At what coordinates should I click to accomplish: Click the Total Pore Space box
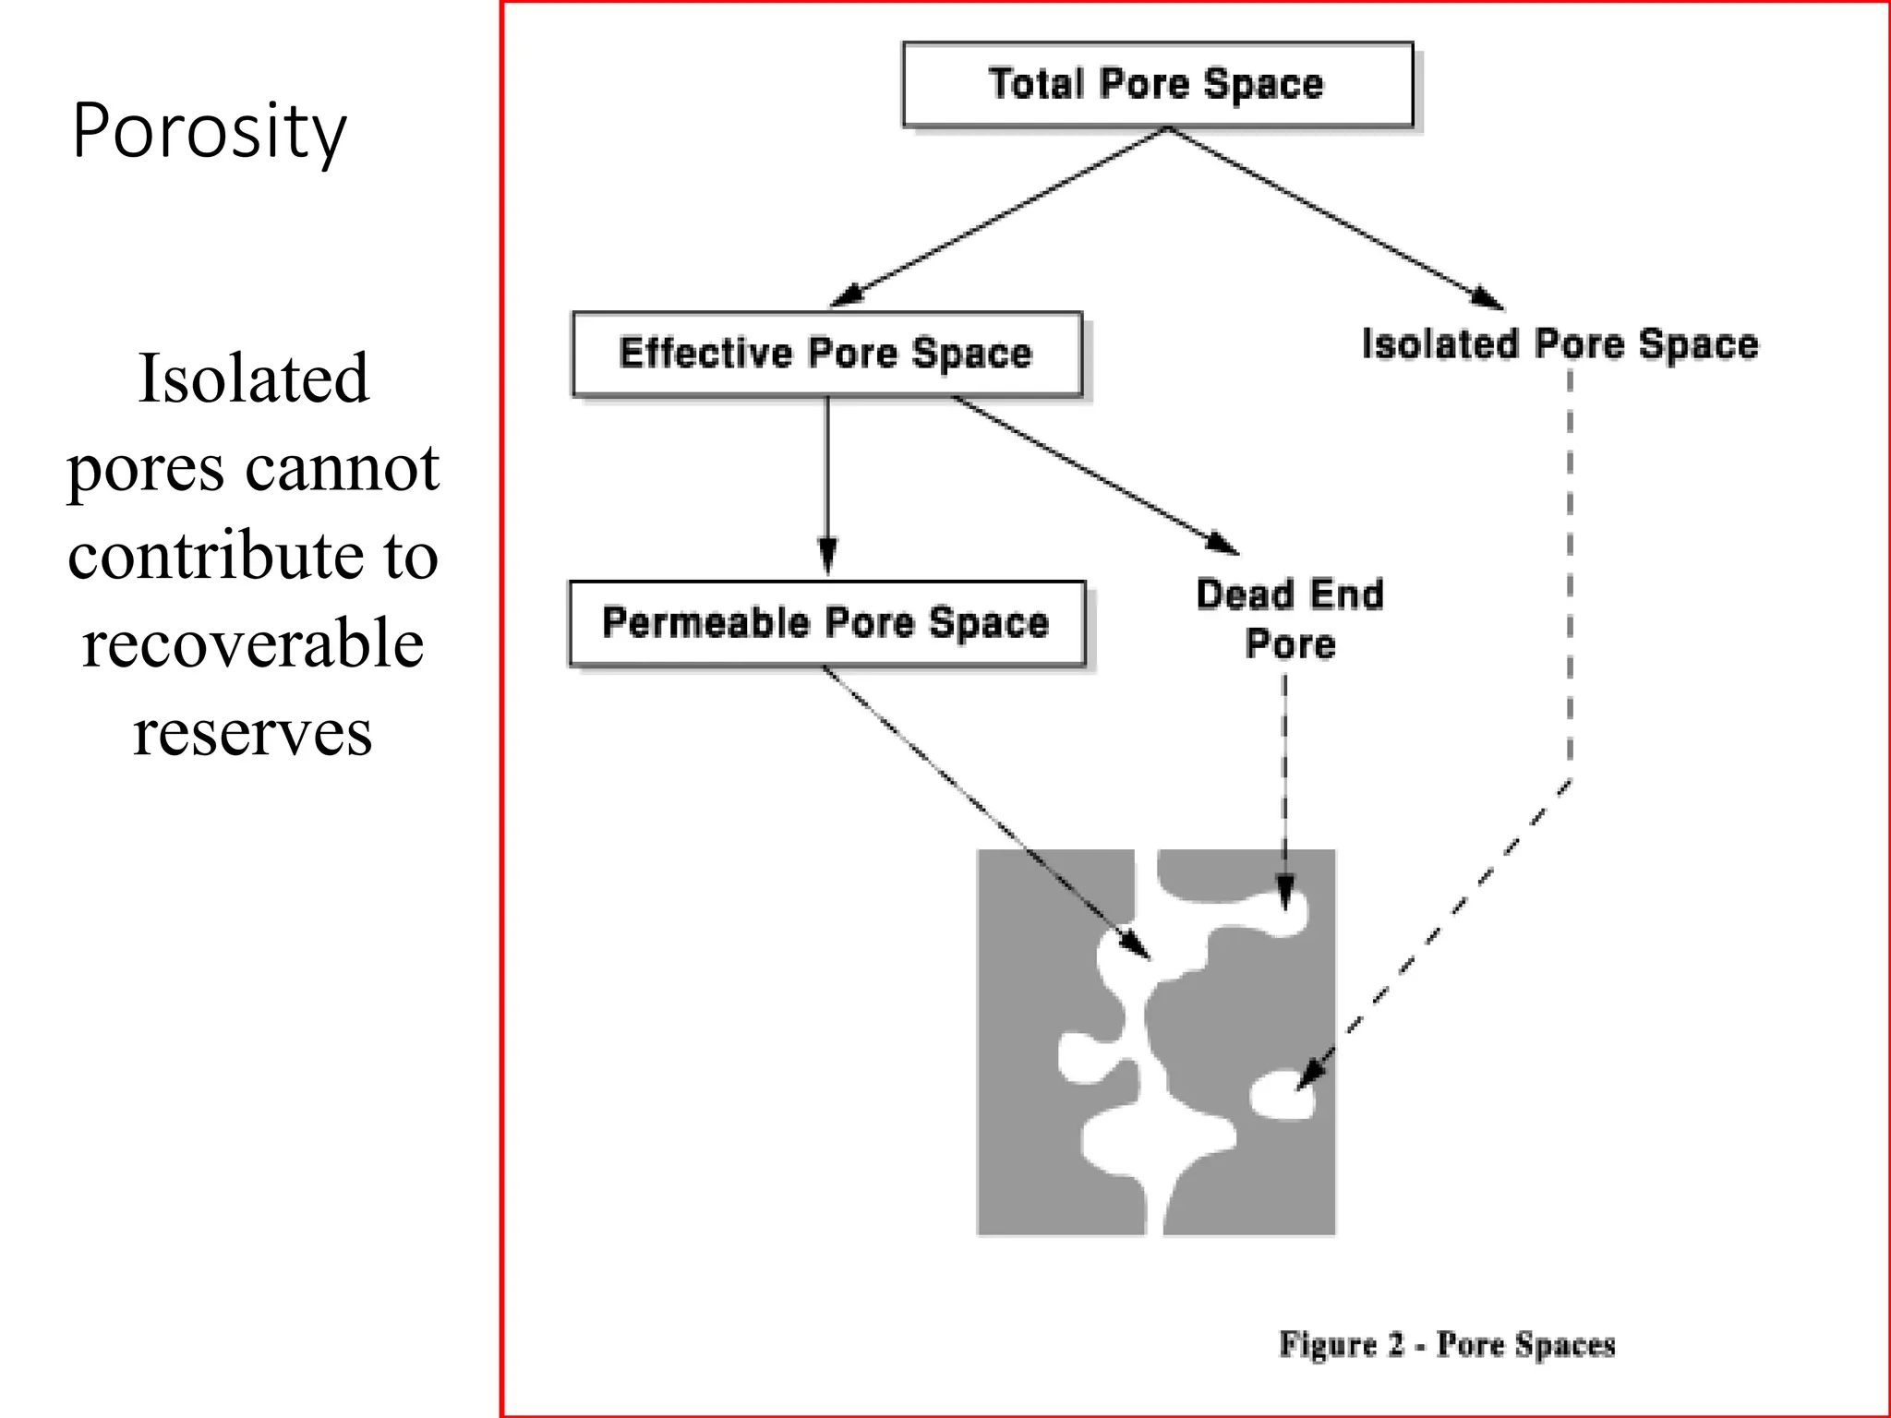coord(1157,84)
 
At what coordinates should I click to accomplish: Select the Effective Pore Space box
coord(826,354)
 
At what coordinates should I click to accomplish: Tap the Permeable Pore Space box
coord(826,623)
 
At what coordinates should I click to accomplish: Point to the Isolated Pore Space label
coord(1560,344)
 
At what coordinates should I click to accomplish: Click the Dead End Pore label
coord(1290,619)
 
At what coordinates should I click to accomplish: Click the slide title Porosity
coord(209,131)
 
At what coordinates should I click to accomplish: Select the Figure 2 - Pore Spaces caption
coord(1447,1344)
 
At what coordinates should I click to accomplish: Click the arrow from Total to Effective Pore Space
coord(997,217)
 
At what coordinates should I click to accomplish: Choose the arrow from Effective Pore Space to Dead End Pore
coord(1094,475)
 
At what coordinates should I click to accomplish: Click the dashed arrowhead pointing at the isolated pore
coord(1313,1073)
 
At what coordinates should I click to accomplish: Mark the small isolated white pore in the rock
coord(1281,1097)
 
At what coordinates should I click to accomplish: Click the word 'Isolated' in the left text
coord(253,379)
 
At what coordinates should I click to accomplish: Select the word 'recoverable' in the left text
coord(253,643)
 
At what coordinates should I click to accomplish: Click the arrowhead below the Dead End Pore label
coord(1284,893)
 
